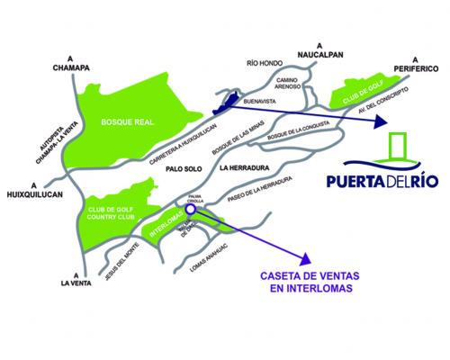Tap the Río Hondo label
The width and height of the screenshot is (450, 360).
pos(265,64)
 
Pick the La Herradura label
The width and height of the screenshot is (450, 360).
pos(245,167)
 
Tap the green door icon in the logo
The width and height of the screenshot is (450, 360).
pos(400,149)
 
